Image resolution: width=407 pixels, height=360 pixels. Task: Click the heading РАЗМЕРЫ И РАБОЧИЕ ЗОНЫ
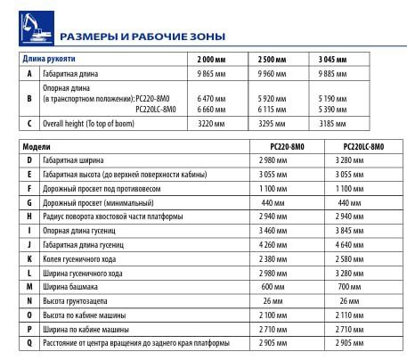[x=142, y=37]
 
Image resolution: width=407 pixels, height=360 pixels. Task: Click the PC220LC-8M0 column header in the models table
[x=363, y=145]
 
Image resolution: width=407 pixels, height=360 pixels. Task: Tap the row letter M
[x=30, y=286]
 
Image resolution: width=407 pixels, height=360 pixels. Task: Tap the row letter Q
[x=30, y=343]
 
